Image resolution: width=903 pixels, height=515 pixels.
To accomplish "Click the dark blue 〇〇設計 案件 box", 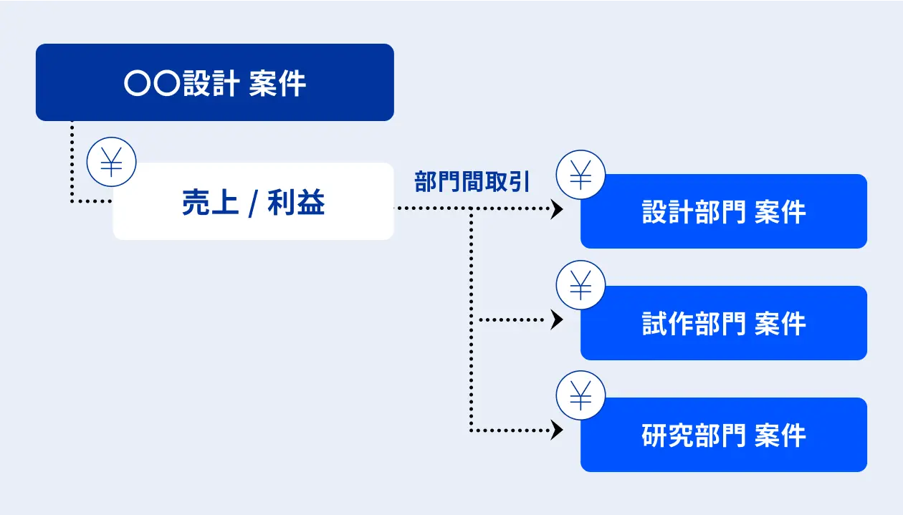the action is pos(215,82).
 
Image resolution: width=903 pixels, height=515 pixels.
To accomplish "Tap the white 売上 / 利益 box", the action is pos(253,201).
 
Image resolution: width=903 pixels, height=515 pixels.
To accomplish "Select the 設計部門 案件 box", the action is pos(724,211).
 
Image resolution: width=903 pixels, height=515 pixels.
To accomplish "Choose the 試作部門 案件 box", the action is pos(724,323).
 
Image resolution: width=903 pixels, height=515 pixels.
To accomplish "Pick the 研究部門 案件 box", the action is pos(724,434).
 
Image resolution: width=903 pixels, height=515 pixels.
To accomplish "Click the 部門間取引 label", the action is pos(472,182).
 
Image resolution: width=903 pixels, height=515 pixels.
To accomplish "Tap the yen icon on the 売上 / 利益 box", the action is pos(111,162).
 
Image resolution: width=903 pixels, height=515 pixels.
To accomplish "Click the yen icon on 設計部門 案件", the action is pos(580,175).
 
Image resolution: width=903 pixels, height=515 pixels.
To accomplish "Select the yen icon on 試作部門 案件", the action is pos(580,285).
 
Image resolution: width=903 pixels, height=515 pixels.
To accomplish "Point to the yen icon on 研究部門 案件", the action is pos(580,395).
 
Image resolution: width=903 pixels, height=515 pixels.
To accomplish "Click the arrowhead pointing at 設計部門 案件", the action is pos(557,208).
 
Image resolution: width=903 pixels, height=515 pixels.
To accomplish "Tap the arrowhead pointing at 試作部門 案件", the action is pos(557,320).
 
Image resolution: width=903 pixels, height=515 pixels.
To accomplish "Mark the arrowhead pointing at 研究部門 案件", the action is pos(557,430).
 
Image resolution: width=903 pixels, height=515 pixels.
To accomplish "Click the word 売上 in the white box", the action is pos(209,202).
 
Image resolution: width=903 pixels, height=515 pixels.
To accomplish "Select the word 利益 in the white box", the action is pos(296,202).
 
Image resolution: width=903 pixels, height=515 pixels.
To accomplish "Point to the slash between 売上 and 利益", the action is pos(253,203).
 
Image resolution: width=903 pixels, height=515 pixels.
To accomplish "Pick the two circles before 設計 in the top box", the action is pos(152,83).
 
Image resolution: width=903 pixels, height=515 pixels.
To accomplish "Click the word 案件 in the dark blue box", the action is pos(277,83).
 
